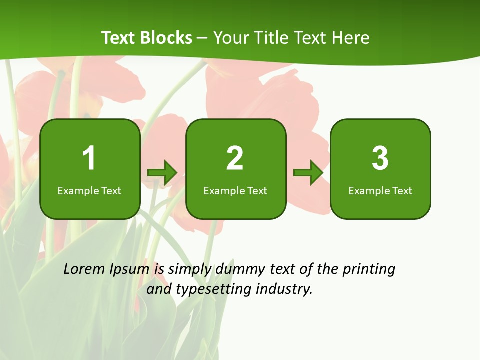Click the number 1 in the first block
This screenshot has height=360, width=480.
pyautogui.click(x=89, y=158)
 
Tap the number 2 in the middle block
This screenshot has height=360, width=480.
pyautogui.click(x=235, y=158)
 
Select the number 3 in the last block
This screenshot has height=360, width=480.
pyautogui.click(x=380, y=158)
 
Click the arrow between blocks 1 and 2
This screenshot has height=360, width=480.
pyautogui.click(x=162, y=173)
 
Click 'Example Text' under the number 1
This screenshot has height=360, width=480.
pyautogui.click(x=89, y=190)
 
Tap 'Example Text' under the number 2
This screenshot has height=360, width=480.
pyautogui.click(x=235, y=190)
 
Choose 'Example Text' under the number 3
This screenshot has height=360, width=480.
pyautogui.click(x=380, y=190)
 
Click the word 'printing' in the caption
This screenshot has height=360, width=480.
pyautogui.click(x=369, y=270)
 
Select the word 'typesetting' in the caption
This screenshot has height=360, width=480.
pyautogui.click(x=214, y=289)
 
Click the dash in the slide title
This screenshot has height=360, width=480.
pyautogui.click(x=203, y=38)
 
